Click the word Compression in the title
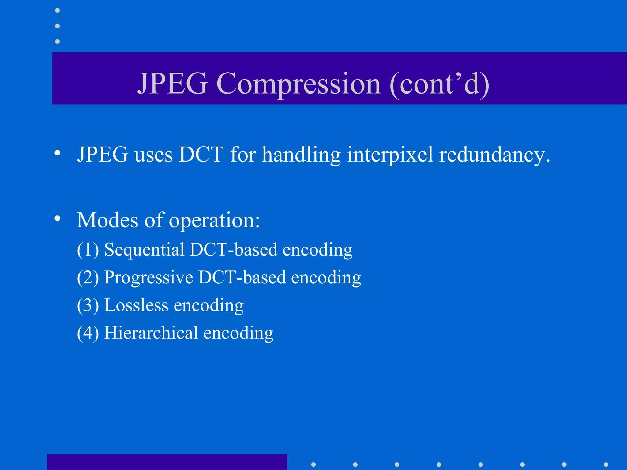tap(298, 84)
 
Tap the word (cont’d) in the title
tap(439, 84)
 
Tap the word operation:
tap(214, 220)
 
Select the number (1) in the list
tap(88, 250)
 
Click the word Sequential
tap(144, 250)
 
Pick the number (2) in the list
tap(88, 278)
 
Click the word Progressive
tap(148, 278)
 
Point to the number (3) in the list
tap(88, 305)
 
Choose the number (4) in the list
tap(88, 333)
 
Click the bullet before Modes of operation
tap(57, 218)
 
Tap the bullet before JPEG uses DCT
tap(57, 153)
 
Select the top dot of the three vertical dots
tap(57, 10)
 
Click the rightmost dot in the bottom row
tap(606, 464)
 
